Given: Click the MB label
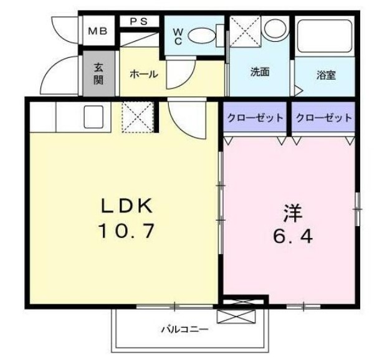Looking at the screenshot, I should click(96, 31).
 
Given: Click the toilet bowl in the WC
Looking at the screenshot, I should click(201, 35).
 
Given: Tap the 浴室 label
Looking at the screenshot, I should click(326, 75).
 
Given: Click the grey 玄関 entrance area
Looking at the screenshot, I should click(99, 74).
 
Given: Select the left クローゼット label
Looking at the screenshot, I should click(255, 118).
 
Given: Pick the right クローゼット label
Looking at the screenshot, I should click(323, 118).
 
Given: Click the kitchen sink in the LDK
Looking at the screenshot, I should click(93, 116).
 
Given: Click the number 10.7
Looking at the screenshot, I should click(125, 232).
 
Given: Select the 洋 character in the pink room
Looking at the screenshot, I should click(292, 212).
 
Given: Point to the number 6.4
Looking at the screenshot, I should click(291, 237).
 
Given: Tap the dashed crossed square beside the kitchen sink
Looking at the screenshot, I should click(133, 117).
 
